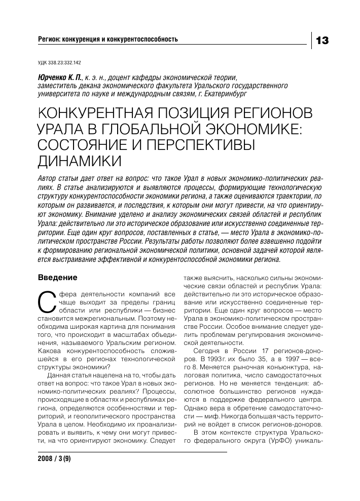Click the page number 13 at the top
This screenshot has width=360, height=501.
pos(322,40)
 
